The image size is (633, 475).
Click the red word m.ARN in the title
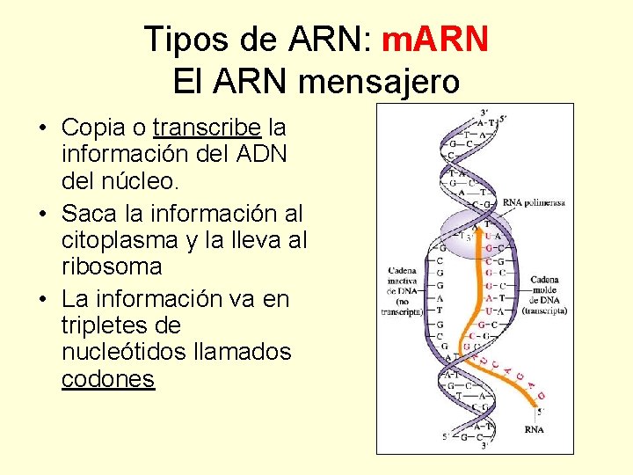click(x=437, y=40)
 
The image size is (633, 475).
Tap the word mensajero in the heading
click(x=378, y=82)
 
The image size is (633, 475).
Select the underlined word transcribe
click(x=207, y=129)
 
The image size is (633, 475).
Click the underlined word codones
click(x=108, y=379)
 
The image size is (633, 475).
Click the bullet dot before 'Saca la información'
click(x=42, y=214)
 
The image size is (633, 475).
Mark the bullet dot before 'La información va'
click(x=42, y=300)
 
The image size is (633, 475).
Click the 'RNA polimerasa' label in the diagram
click(x=534, y=202)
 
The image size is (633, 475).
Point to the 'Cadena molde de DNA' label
click(x=544, y=296)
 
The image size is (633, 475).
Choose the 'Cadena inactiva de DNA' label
click(x=402, y=290)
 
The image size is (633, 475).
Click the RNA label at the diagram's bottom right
click(x=533, y=429)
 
